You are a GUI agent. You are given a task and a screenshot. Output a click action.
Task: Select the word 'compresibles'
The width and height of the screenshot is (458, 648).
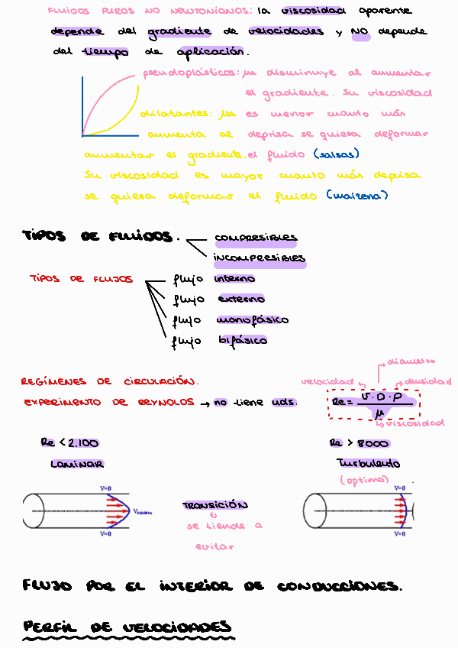click(x=256, y=238)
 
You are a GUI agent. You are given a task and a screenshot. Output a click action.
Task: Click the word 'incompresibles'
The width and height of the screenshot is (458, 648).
click(x=260, y=258)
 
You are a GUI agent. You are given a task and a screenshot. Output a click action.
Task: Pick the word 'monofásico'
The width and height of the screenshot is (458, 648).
click(x=253, y=319)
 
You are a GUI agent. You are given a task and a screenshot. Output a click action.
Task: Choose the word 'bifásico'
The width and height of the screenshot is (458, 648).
click(x=243, y=340)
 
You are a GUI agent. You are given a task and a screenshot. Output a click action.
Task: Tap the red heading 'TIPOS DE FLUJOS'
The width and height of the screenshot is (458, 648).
click(x=81, y=279)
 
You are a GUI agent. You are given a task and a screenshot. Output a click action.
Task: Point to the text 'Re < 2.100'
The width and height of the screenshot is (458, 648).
click(x=69, y=443)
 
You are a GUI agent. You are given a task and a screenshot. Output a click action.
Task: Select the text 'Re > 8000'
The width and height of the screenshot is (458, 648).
click(x=360, y=443)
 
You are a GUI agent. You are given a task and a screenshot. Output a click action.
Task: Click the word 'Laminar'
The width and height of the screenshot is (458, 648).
click(x=77, y=464)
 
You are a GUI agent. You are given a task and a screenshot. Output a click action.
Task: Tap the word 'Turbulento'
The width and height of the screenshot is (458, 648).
click(x=368, y=464)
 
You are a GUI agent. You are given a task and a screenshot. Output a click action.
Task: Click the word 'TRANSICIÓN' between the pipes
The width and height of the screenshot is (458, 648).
click(x=214, y=506)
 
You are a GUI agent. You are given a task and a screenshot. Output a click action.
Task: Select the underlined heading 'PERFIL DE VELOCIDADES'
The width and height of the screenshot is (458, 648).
click(x=127, y=627)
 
